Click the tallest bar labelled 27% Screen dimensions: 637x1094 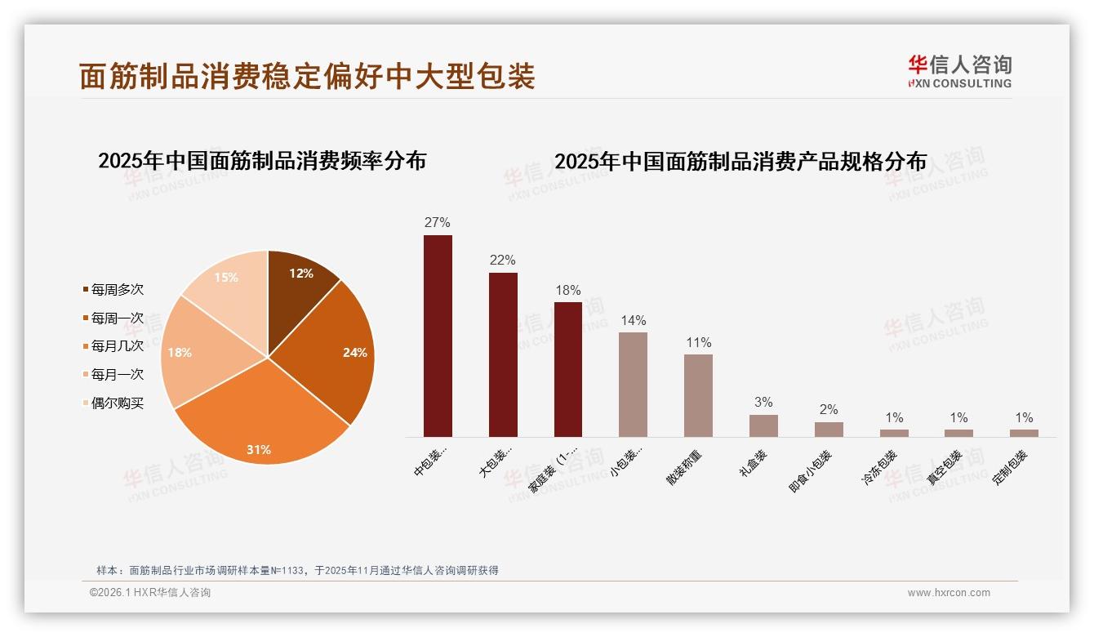point(438,335)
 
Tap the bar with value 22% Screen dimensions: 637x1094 point(503,355)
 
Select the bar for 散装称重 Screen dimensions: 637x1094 point(698,396)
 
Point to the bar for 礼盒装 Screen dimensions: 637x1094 point(763,425)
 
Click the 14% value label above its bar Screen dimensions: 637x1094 point(633,320)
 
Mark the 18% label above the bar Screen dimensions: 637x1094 point(567,291)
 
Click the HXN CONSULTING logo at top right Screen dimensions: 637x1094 point(960,72)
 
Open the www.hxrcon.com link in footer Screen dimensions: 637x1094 point(949,593)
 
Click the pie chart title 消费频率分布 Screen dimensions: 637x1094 point(262,161)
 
